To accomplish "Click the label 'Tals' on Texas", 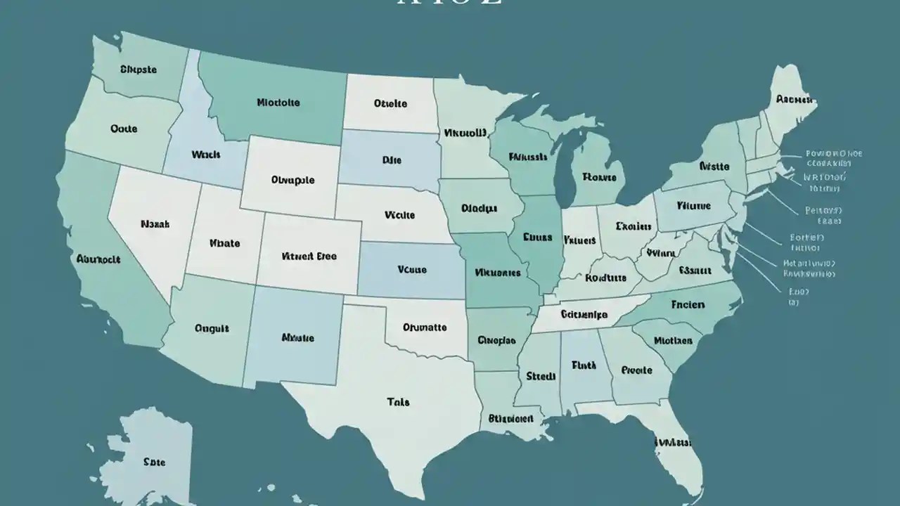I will click(x=398, y=403).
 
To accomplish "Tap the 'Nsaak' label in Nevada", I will click(x=155, y=225).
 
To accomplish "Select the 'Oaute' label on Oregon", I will click(x=124, y=129).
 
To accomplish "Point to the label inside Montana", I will click(x=278, y=103).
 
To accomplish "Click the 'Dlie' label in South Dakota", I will click(x=392, y=160).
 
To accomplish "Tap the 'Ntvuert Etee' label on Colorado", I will click(x=309, y=257).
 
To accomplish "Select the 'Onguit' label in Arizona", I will click(x=212, y=328).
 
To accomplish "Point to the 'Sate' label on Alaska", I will click(x=154, y=462).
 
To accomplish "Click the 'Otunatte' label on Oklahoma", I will click(x=425, y=327).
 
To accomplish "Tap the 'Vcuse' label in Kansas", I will click(x=412, y=268).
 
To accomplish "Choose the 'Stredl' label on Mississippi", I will click(x=541, y=377).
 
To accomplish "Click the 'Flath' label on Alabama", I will click(x=584, y=365).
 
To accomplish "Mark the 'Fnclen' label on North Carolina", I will click(x=688, y=306).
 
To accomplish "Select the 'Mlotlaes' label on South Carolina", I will click(x=673, y=341).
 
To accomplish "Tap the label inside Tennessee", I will click(x=584, y=315).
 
